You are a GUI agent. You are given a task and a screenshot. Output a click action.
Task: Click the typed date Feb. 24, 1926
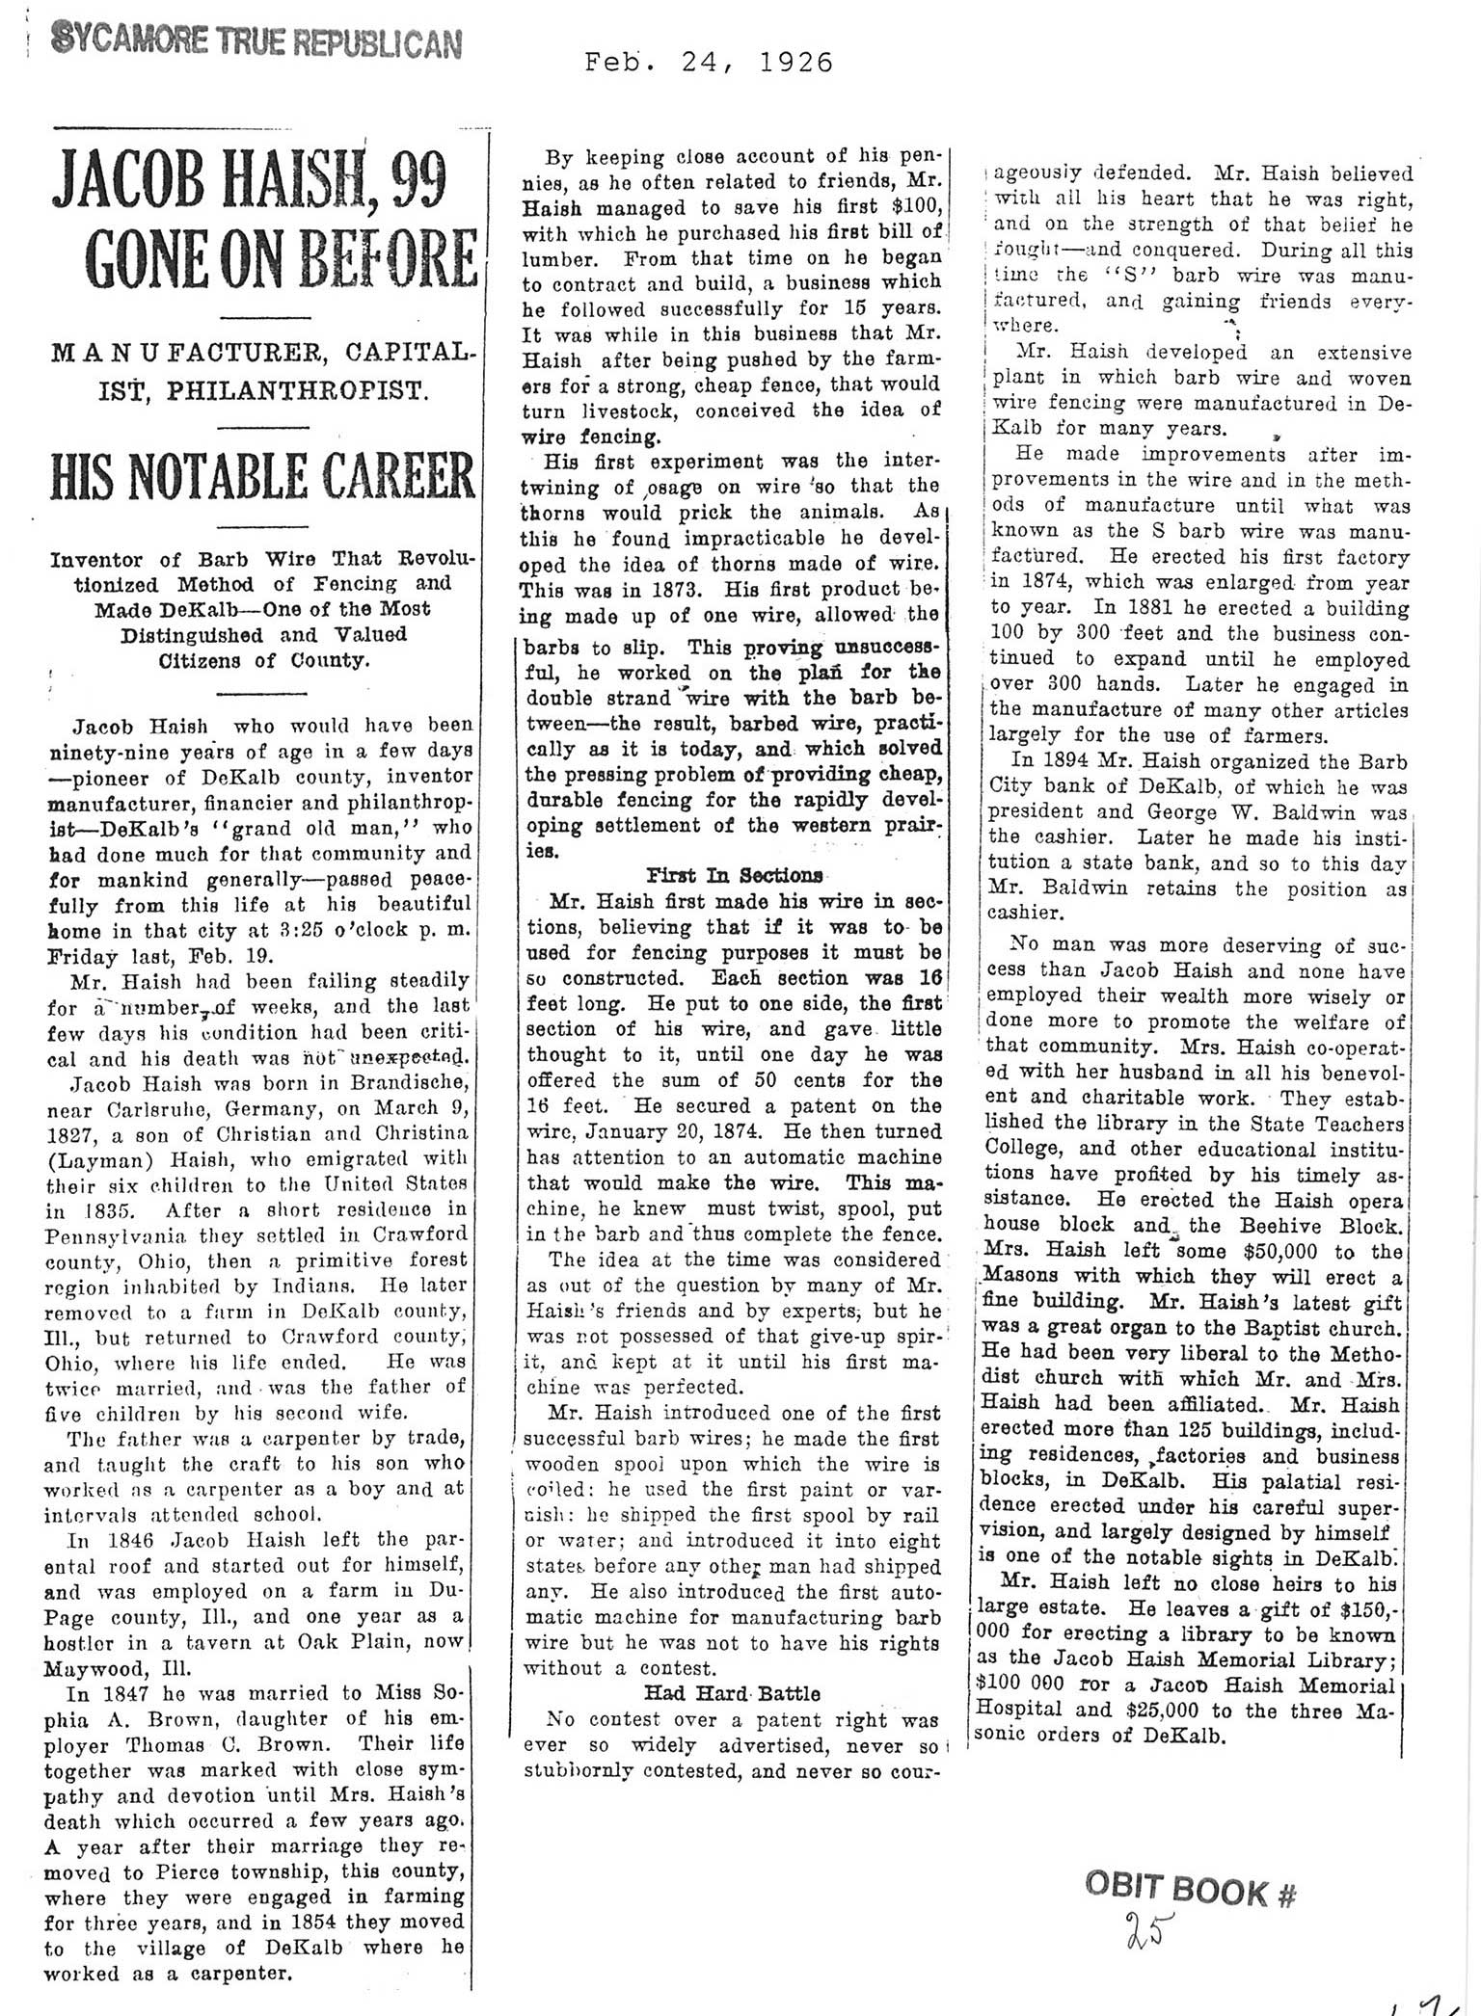coord(709,65)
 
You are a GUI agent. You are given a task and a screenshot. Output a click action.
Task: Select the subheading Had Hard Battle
coord(733,1692)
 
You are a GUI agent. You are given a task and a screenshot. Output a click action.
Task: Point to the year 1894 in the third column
coord(1066,784)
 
